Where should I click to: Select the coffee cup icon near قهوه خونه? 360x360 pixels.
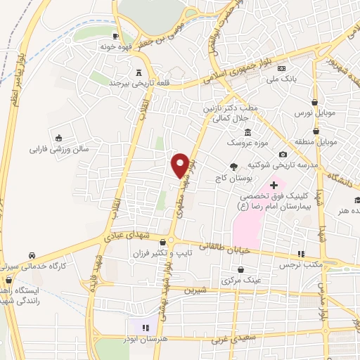pyautogui.click(x=114, y=35)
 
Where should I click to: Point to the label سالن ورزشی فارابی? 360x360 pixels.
pyautogui.click(x=58, y=149)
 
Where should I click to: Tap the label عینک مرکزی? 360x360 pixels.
pyautogui.click(x=241, y=280)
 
